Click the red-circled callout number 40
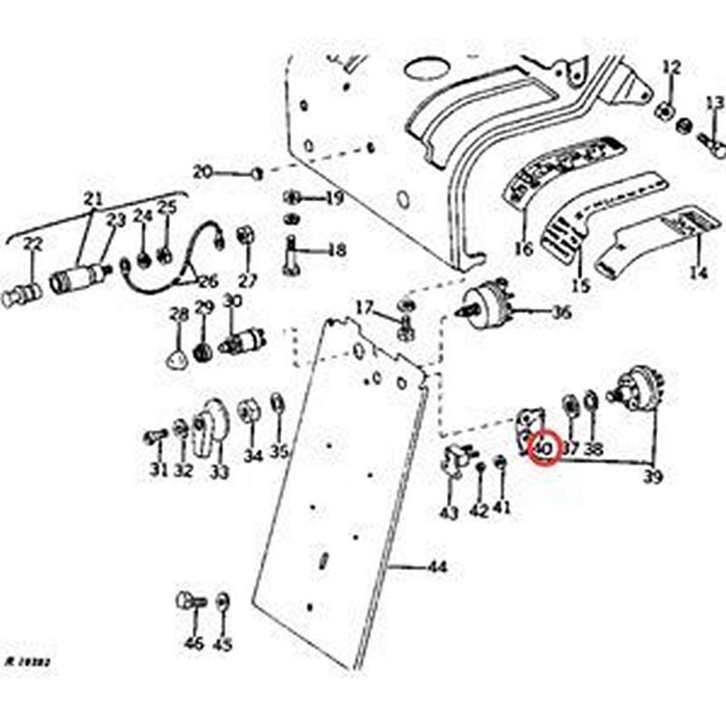[x=543, y=447]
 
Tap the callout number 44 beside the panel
[x=437, y=568]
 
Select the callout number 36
[x=562, y=313]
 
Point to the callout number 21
[x=93, y=199]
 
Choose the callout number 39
[x=652, y=476]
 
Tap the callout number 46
[x=193, y=643]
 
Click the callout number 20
[x=202, y=172]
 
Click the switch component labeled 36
[x=488, y=304]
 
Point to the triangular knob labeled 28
[x=175, y=355]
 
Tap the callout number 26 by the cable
[x=208, y=280]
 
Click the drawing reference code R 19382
[x=26, y=663]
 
